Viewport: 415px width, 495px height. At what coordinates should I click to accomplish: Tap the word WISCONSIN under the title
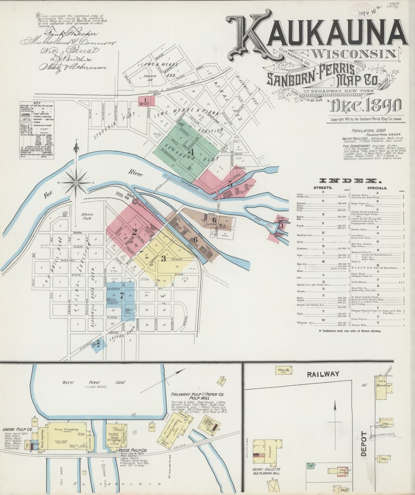355,54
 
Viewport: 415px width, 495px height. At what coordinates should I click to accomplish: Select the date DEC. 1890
364,106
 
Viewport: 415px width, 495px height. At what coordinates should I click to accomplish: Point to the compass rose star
76,181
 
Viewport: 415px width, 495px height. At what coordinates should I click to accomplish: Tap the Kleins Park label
87,216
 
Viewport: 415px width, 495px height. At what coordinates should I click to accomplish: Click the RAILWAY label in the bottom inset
323,374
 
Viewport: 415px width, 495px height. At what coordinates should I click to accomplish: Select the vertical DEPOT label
364,443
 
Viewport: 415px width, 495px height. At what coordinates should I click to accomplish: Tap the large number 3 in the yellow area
164,259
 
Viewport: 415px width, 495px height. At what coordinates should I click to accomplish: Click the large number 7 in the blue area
122,296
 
